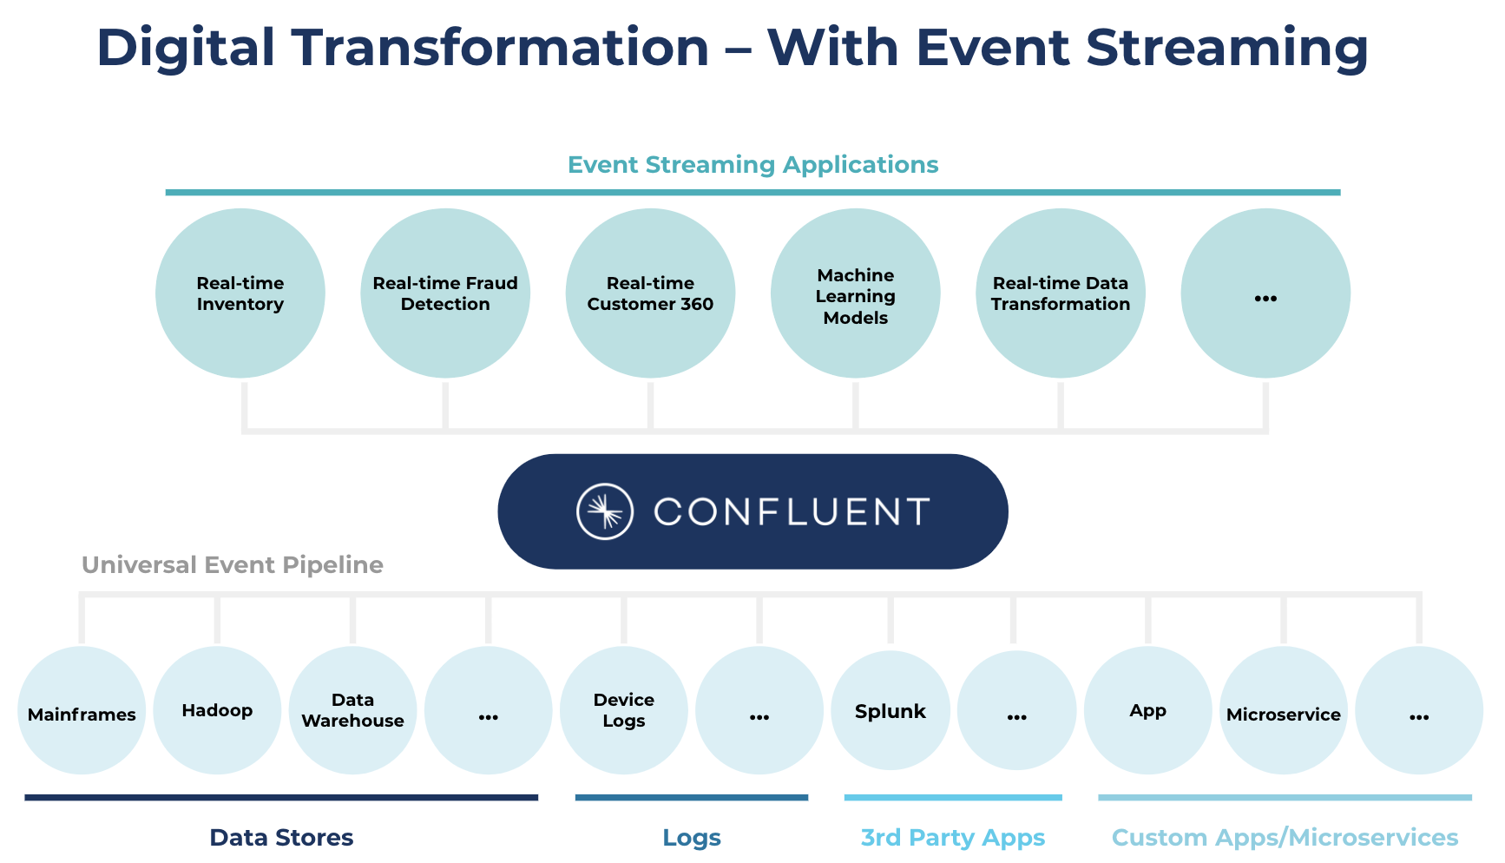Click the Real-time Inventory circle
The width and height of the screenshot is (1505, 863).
point(240,293)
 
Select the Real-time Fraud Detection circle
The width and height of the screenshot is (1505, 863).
point(445,293)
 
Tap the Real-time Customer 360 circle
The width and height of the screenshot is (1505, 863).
point(650,293)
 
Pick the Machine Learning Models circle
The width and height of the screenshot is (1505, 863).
point(855,293)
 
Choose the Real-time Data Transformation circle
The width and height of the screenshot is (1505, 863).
point(1060,293)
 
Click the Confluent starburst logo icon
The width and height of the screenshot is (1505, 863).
point(605,511)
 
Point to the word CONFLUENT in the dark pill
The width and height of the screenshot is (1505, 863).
point(792,512)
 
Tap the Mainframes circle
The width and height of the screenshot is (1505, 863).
point(82,711)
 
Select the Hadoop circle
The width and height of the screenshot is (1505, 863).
point(217,711)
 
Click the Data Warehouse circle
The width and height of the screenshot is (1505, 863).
point(352,711)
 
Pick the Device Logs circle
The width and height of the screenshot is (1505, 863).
point(623,711)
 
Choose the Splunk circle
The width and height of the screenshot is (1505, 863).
point(891,711)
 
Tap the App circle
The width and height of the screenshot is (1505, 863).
point(1147,711)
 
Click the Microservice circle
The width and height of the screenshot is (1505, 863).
point(1283,711)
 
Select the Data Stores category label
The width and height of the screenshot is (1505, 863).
point(281,837)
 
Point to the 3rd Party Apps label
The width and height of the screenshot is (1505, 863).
point(952,837)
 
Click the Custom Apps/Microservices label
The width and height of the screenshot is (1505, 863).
point(1285,837)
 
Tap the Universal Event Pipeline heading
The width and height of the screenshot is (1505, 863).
point(232,565)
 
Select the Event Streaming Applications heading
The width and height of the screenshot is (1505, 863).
point(752,165)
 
